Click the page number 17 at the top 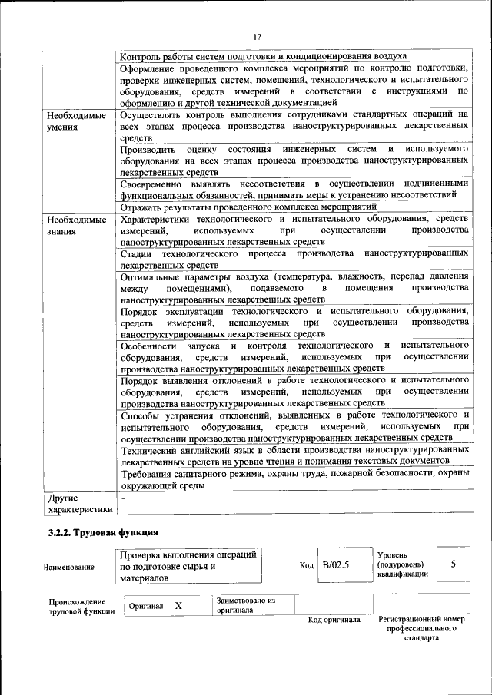coord(257,36)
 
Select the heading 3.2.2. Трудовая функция coord(103,531)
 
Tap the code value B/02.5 coord(336,564)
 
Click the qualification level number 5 coord(454,564)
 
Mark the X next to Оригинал coord(178,605)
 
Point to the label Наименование coord(70,567)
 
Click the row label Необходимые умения coord(76,121)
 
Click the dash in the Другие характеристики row coord(124,498)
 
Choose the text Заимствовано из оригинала coord(246,605)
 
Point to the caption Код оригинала coord(334,620)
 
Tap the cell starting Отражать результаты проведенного coord(248,207)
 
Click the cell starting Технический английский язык coord(294,453)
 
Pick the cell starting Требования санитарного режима coord(294,479)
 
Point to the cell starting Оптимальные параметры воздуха coord(294,286)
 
